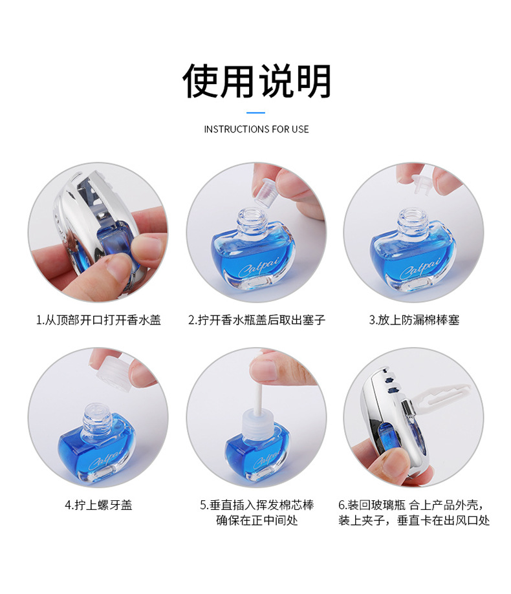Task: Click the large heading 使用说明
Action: tap(257, 81)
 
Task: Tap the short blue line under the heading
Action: tap(256, 112)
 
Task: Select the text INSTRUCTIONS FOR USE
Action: tap(256, 129)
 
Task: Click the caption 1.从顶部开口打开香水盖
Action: tap(98, 320)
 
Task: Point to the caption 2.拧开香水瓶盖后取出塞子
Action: tap(257, 320)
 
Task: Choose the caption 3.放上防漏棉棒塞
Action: tap(414, 320)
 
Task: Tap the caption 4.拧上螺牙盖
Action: tap(98, 505)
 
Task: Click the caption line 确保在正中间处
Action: tap(257, 520)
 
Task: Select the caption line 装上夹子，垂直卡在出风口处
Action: tap(414, 520)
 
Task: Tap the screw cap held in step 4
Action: tap(114, 371)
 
